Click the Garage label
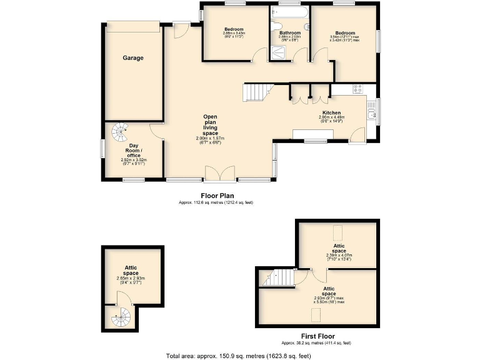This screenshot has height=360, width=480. tap(132, 58)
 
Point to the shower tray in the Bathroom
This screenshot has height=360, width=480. tap(277, 54)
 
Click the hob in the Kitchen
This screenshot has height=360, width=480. tap(359, 89)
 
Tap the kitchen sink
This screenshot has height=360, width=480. tap(372, 113)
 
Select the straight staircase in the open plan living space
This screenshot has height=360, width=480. tap(255, 92)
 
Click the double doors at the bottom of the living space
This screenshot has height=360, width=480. tap(220, 174)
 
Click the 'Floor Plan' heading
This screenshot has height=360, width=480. tap(217, 196)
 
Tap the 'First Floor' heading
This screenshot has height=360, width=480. tap(316, 336)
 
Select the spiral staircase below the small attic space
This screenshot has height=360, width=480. tap(120, 319)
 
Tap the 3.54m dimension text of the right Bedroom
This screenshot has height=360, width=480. tap(344, 39)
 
